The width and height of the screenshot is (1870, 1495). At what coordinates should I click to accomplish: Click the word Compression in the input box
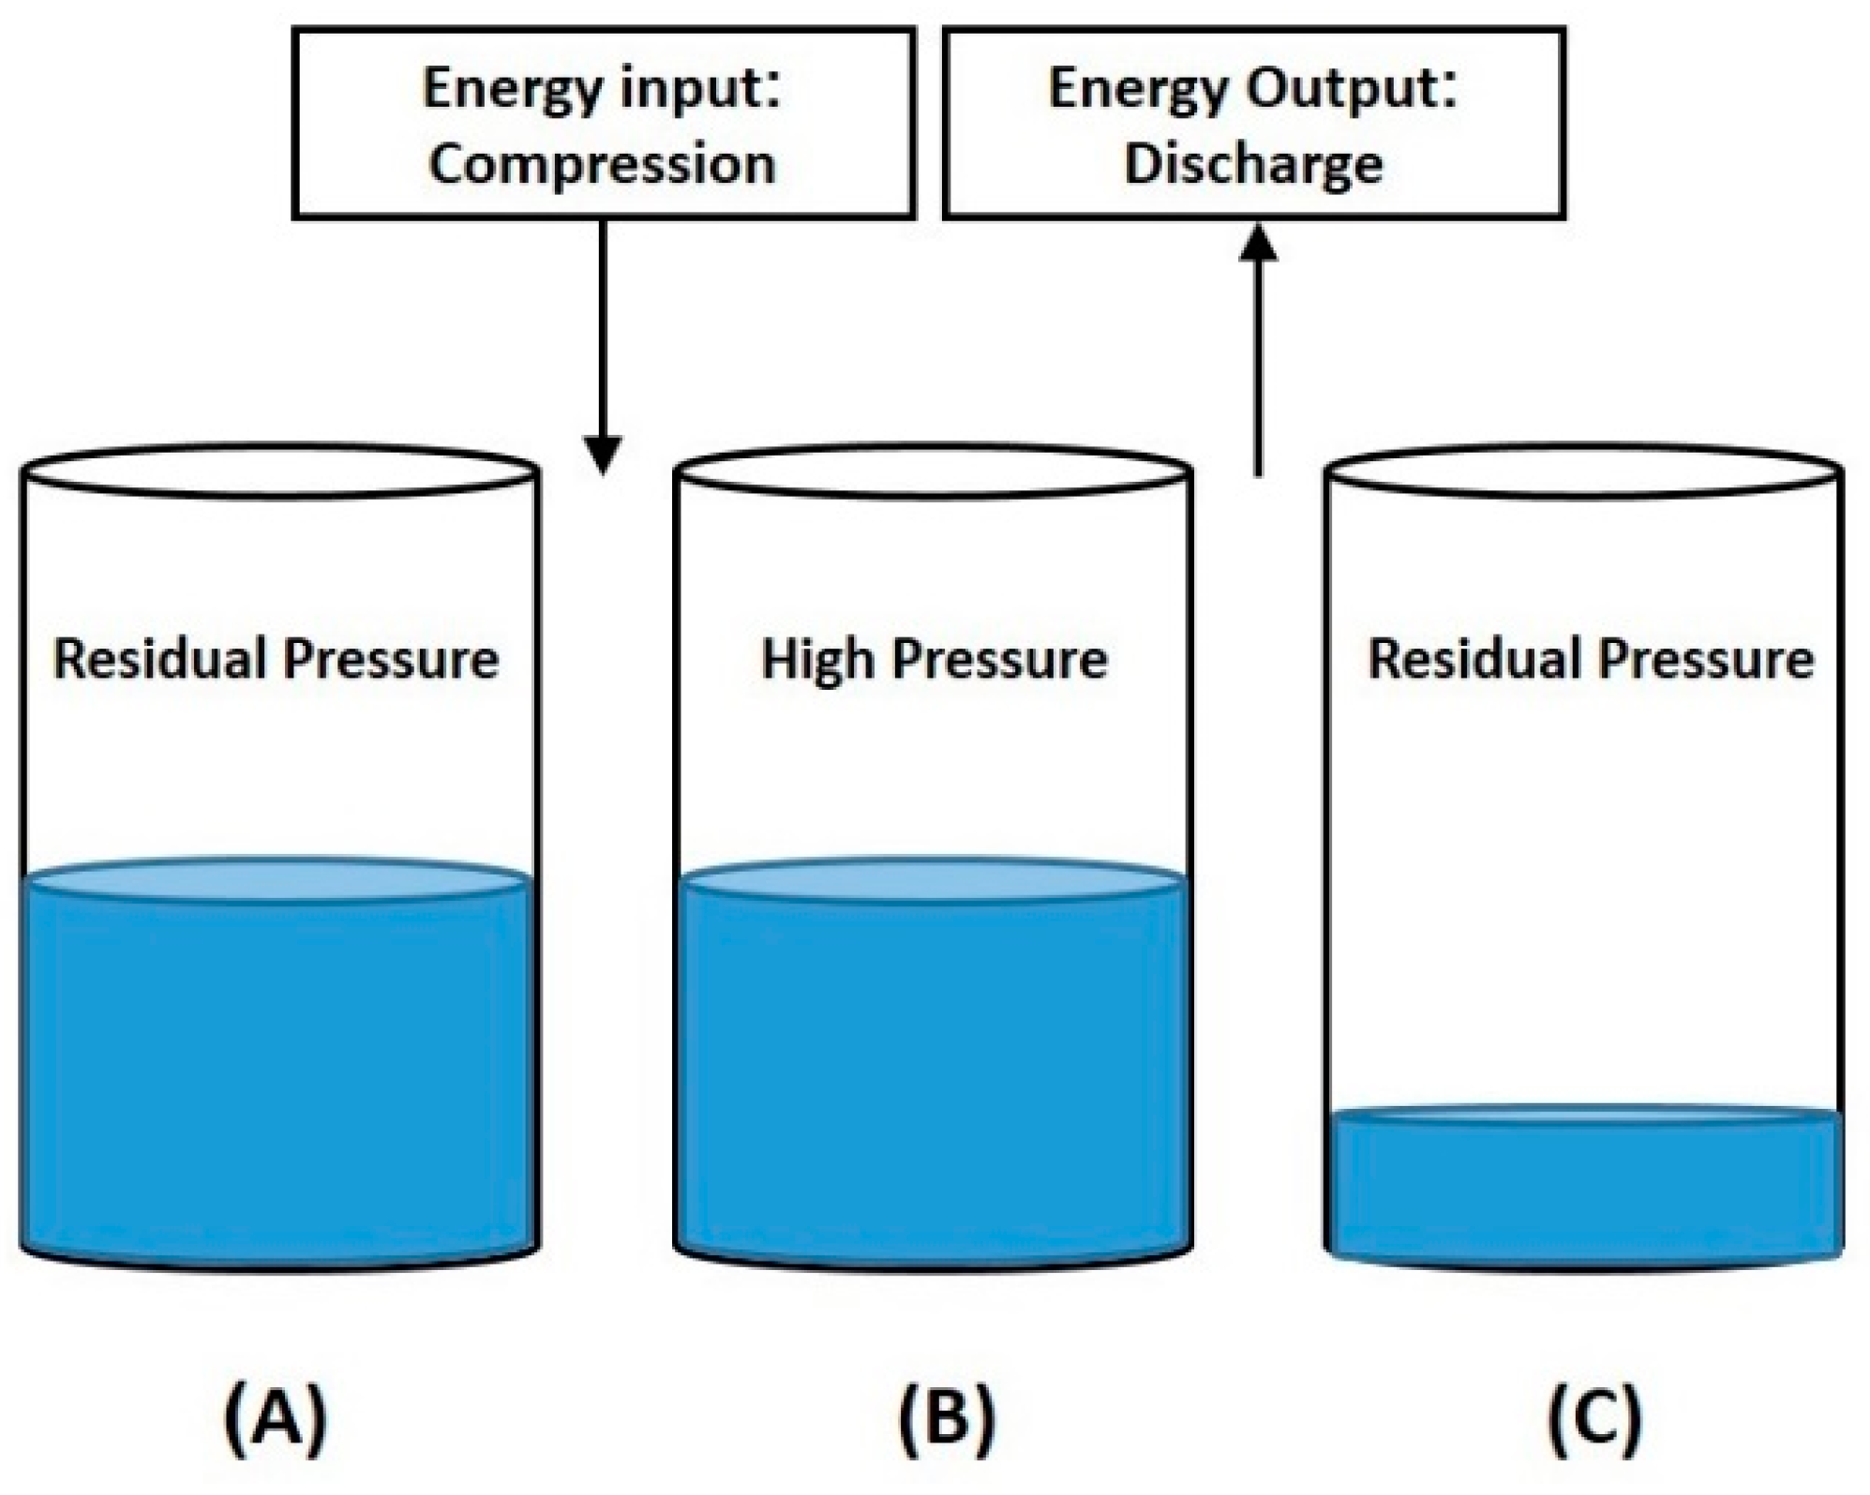[602, 165]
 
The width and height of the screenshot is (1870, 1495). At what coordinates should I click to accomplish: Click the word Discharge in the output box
[1253, 165]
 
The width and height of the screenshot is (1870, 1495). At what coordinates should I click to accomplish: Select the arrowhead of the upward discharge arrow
[1258, 245]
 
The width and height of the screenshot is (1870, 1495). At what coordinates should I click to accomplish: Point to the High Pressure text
[934, 659]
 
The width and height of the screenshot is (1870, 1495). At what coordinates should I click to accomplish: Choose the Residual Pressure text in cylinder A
[276, 659]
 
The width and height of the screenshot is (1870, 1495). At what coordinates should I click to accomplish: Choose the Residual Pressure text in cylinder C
[1591, 659]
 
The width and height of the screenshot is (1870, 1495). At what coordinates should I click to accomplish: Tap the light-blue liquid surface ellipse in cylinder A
[277, 879]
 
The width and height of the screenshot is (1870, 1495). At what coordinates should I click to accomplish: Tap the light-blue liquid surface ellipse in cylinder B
[934, 879]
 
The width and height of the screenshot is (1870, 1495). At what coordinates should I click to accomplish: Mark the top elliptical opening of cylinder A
[278, 471]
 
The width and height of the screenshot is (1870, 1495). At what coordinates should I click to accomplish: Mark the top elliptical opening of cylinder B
[934, 471]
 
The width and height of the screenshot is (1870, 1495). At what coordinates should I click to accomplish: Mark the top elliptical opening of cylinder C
[1584, 471]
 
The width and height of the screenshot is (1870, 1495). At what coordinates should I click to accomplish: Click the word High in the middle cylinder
[817, 659]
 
